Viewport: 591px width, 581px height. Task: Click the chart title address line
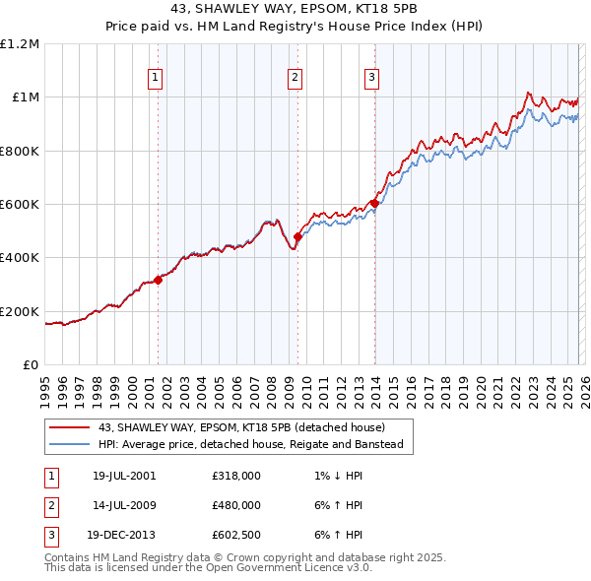pos(295,8)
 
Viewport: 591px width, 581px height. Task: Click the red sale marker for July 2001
pos(159,280)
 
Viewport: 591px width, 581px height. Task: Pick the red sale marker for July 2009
pos(297,236)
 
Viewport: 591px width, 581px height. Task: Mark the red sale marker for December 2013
pos(374,204)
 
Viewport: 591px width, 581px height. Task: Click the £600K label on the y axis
pos(20,205)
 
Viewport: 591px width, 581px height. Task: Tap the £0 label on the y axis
pos(30,365)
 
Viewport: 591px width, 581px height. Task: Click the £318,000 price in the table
pos(236,475)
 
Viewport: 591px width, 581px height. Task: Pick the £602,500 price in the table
pos(236,536)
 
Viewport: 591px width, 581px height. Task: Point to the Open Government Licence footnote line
pos(209,568)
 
